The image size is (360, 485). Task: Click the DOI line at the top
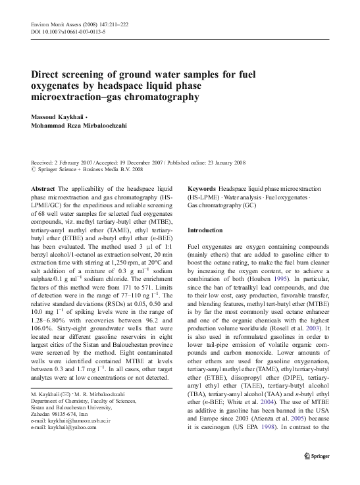point(62,30)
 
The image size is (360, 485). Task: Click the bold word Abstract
point(43,188)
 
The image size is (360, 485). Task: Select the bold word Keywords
point(202,188)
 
